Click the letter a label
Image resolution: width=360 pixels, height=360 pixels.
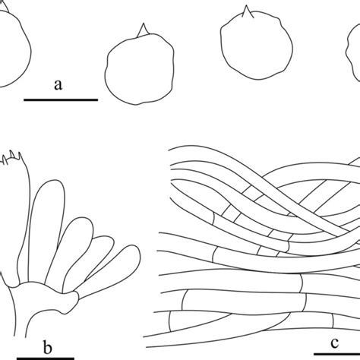[58, 85]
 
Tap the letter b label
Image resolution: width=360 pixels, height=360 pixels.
[47, 347]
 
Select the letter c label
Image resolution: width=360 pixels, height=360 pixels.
[334, 343]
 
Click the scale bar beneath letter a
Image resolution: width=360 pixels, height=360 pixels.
[61, 100]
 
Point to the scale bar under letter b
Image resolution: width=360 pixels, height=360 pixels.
[46, 358]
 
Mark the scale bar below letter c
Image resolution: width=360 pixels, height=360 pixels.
[337, 354]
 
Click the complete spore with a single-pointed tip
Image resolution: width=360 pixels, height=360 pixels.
[140, 65]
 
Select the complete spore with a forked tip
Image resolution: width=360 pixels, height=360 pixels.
[257, 43]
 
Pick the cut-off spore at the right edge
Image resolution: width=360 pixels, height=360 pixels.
[353, 55]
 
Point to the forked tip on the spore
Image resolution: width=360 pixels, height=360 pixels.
[248, 12]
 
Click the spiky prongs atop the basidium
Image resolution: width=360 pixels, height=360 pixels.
[12, 157]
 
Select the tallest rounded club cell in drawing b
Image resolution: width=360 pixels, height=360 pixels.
[46, 233]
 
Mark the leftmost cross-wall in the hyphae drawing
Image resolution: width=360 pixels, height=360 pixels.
[169, 321]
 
